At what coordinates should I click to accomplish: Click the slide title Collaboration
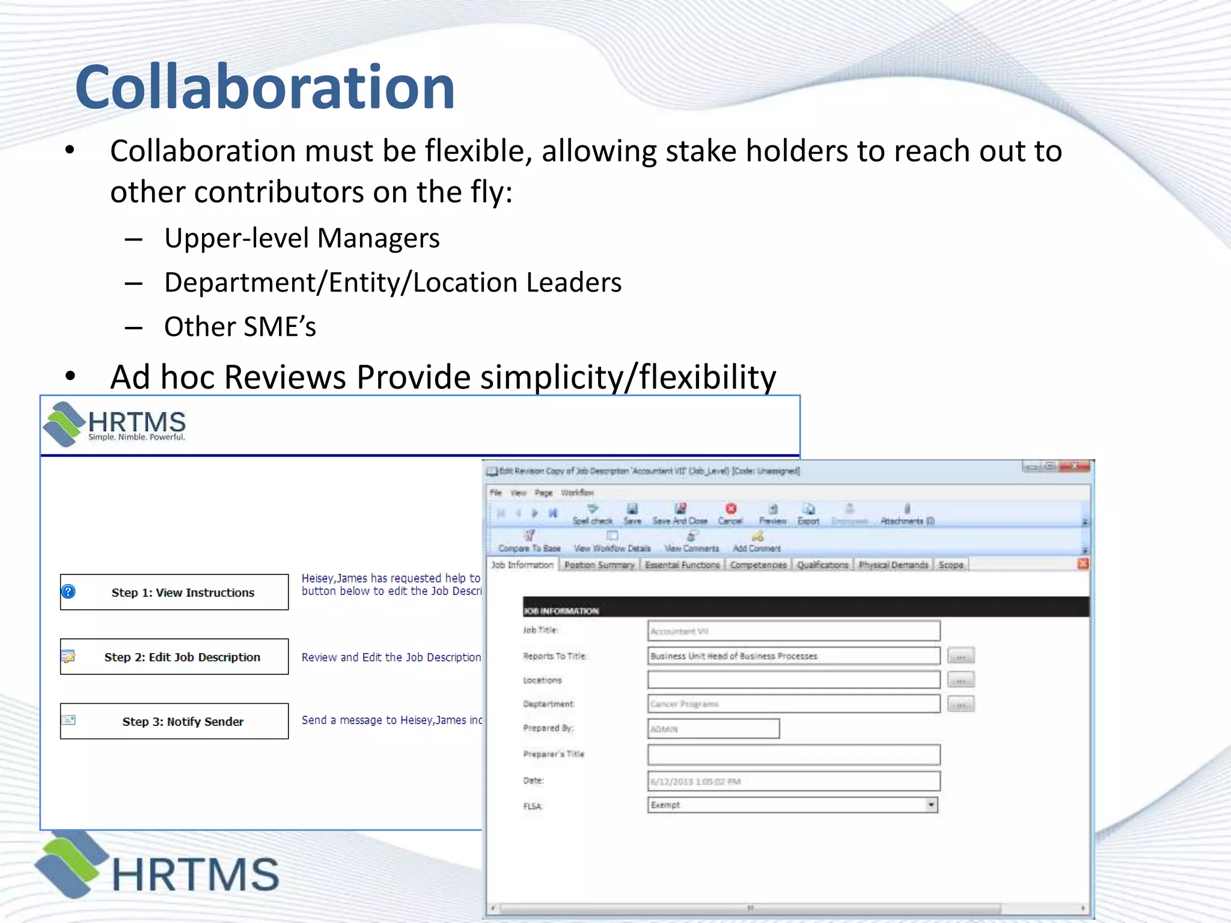[264, 88]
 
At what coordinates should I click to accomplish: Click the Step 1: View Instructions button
[174, 592]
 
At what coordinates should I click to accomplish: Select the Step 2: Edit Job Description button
[174, 657]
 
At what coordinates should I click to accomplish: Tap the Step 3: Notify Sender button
[174, 721]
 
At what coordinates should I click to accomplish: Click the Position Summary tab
[599, 565]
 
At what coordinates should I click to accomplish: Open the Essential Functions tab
[682, 565]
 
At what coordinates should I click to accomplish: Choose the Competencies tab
[758, 565]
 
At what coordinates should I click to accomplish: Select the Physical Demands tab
[893, 565]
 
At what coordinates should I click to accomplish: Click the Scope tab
[950, 565]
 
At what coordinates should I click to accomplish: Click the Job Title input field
[793, 631]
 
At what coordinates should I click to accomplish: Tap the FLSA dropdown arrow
[930, 805]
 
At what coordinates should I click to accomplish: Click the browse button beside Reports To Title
[961, 656]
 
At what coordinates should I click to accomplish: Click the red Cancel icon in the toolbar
[730, 510]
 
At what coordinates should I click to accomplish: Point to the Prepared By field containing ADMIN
[713, 729]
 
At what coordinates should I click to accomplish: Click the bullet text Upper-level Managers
[302, 238]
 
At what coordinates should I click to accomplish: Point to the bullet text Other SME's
[240, 327]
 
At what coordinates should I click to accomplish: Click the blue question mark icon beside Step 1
[69, 592]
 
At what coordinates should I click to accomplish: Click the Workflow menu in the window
[577, 493]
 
